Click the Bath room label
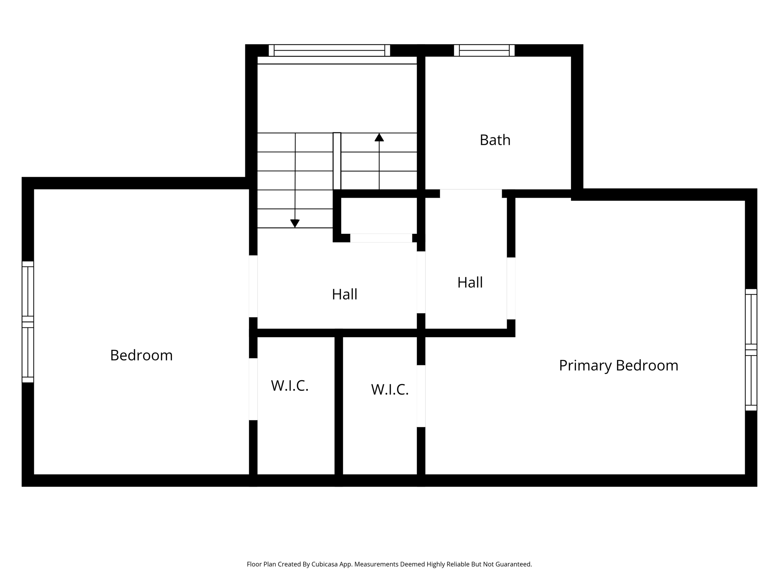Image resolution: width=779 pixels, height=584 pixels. pyautogui.click(x=495, y=140)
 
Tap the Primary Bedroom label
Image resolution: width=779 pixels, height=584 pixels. pyautogui.click(x=618, y=365)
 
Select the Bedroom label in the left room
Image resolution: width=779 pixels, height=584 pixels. pyautogui.click(x=141, y=355)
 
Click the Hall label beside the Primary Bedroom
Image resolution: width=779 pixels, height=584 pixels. pyautogui.click(x=470, y=282)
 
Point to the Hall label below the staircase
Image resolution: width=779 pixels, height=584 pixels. pyautogui.click(x=344, y=294)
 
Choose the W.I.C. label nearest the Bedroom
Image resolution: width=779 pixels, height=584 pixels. pyautogui.click(x=289, y=386)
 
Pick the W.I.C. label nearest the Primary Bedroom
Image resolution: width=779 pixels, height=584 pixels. pyautogui.click(x=389, y=389)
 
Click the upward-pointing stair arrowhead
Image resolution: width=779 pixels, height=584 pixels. pyautogui.click(x=379, y=137)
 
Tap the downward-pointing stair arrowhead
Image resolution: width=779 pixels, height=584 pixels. pyautogui.click(x=295, y=224)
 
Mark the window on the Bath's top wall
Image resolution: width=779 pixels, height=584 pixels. pyautogui.click(x=484, y=50)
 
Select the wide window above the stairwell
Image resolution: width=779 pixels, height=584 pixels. pyautogui.click(x=329, y=50)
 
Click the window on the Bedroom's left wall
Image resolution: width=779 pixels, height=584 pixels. pyautogui.click(x=28, y=322)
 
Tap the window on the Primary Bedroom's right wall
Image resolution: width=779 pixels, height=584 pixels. pyautogui.click(x=751, y=350)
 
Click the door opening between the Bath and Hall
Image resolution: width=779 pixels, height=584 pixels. pyautogui.click(x=471, y=193)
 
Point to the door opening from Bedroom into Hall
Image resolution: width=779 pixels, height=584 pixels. pyautogui.click(x=253, y=286)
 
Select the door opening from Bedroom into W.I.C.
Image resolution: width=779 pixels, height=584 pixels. pyautogui.click(x=253, y=389)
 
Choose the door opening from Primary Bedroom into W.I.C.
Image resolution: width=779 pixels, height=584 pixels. pyautogui.click(x=421, y=396)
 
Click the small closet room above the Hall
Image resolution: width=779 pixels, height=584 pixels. pyautogui.click(x=379, y=216)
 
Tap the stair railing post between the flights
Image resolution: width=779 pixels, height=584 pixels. pyautogui.click(x=337, y=161)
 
